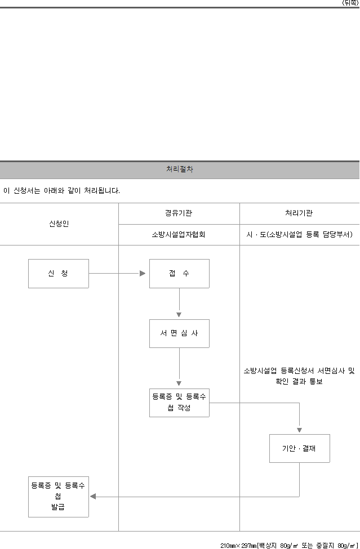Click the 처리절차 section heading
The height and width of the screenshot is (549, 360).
(180, 169)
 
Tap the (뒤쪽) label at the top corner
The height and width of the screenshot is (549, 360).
(350, 3)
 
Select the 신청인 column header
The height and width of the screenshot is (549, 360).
(59, 224)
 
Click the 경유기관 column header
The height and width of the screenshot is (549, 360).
(179, 213)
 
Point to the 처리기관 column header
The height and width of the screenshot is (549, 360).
(299, 213)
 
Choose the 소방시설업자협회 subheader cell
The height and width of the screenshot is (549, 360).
(179, 235)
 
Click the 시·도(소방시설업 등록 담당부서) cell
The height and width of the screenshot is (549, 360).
(299, 235)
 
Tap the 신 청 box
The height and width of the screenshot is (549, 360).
(59, 274)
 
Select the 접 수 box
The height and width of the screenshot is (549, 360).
(179, 274)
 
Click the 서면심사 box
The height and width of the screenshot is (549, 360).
(179, 333)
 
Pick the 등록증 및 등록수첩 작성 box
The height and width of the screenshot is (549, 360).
(179, 403)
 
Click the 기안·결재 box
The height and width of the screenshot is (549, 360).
(299, 449)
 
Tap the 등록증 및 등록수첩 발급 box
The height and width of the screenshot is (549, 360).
(59, 497)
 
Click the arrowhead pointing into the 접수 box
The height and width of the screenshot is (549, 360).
(143, 273)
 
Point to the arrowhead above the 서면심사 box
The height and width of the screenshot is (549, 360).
(179, 315)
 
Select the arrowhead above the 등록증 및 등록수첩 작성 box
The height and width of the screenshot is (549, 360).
(179, 383)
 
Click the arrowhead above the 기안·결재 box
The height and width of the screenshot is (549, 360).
(299, 430)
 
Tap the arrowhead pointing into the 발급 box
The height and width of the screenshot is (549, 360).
(93, 496)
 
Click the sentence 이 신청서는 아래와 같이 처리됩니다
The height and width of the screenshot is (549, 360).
(61, 191)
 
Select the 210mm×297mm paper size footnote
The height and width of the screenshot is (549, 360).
(289, 546)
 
